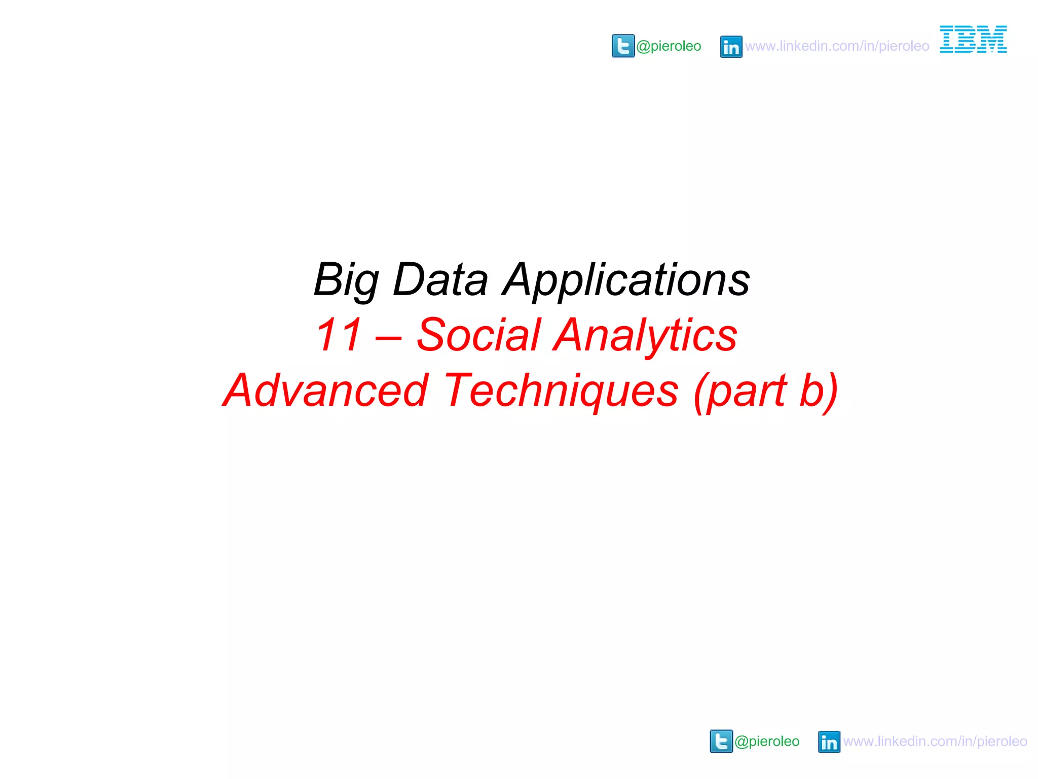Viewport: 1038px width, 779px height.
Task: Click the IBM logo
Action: pos(973,40)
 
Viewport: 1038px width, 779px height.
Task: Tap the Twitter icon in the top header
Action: pos(623,46)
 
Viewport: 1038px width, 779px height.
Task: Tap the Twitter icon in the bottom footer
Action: pos(721,741)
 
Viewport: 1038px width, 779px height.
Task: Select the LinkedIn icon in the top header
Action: pos(731,47)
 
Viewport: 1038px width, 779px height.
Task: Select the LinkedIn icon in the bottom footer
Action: pos(829,742)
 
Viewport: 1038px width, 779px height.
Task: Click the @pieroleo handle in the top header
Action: pos(669,46)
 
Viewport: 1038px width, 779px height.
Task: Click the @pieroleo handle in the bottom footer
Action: pos(767,741)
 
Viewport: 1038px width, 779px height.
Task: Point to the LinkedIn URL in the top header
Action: pos(837,46)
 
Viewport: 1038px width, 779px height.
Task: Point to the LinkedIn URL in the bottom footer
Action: pos(935,741)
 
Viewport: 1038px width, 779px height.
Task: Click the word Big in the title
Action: pos(346,280)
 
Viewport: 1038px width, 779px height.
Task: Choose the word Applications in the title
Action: pos(626,280)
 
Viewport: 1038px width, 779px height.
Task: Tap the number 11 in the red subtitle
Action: pos(339,335)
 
